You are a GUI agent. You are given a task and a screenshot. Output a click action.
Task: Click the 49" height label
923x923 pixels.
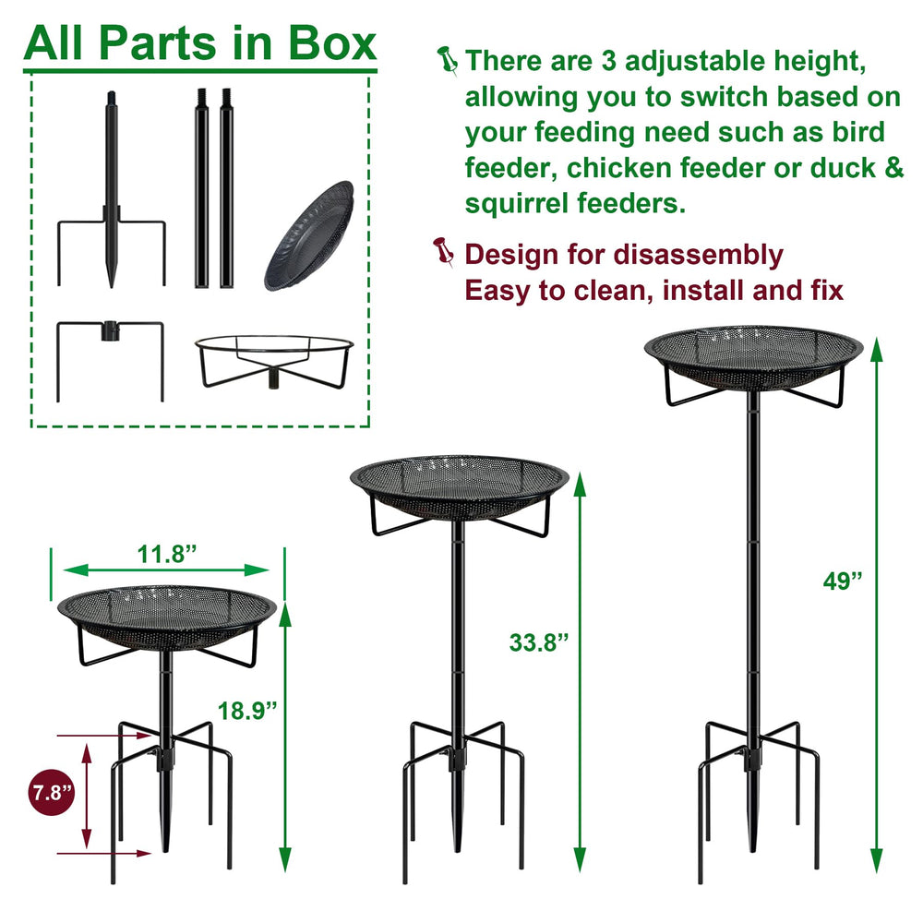pos(843,581)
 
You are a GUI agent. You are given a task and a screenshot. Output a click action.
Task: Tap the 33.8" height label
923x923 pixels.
pos(539,642)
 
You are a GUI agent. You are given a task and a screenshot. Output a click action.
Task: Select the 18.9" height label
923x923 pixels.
pos(247,711)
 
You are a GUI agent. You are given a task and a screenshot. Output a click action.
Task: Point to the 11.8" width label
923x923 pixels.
pos(166,554)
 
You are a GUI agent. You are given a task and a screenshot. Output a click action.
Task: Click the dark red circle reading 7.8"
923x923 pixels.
pos(52,792)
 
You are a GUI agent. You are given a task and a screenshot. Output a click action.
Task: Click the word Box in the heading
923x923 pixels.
pos(332,43)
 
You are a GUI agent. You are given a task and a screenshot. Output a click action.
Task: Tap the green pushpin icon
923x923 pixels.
pos(448,61)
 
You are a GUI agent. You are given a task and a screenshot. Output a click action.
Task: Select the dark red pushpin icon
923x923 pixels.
pos(443,252)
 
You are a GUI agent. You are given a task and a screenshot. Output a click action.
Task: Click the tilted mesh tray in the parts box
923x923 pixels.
pos(309,236)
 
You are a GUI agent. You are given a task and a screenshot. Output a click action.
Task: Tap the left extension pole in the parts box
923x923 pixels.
pos(202,188)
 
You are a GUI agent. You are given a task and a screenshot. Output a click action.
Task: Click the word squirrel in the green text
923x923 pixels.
pos(517,203)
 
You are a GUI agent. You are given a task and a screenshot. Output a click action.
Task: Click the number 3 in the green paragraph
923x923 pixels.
pos(608,61)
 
